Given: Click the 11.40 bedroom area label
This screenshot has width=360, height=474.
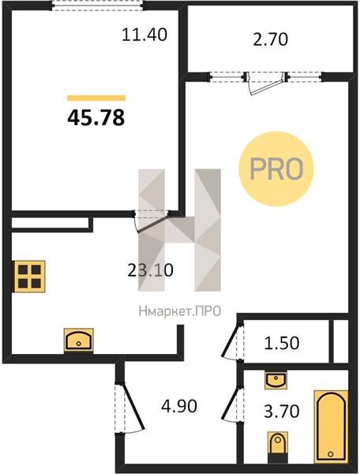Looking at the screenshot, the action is [144, 35].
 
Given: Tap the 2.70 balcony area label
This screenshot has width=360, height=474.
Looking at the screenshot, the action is [271, 39].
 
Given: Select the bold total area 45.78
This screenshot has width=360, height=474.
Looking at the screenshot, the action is [96, 118].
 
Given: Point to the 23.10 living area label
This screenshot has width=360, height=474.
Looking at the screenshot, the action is [151, 270].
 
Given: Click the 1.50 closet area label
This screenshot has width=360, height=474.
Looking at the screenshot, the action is [282, 343].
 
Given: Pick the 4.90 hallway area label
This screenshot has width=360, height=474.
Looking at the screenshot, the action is [179, 406].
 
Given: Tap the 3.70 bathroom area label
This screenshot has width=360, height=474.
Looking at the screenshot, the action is [282, 411].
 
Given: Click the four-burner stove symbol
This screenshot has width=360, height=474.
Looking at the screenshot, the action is [29, 276].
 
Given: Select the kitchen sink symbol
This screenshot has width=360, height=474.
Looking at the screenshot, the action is [78, 340].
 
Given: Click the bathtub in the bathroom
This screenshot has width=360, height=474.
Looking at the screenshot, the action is [331, 427].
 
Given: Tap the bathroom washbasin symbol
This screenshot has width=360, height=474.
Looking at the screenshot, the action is [276, 381].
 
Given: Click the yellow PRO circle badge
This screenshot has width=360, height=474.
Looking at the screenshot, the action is [276, 169].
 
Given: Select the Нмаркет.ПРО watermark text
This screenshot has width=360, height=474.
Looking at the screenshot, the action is [180, 311].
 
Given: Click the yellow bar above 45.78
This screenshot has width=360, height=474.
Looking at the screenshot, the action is [96, 98].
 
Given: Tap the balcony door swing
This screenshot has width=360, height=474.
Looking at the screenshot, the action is [264, 85].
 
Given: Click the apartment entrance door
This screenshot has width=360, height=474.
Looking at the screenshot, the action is [129, 408].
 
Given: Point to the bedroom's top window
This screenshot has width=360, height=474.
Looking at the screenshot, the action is [96, 6].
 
